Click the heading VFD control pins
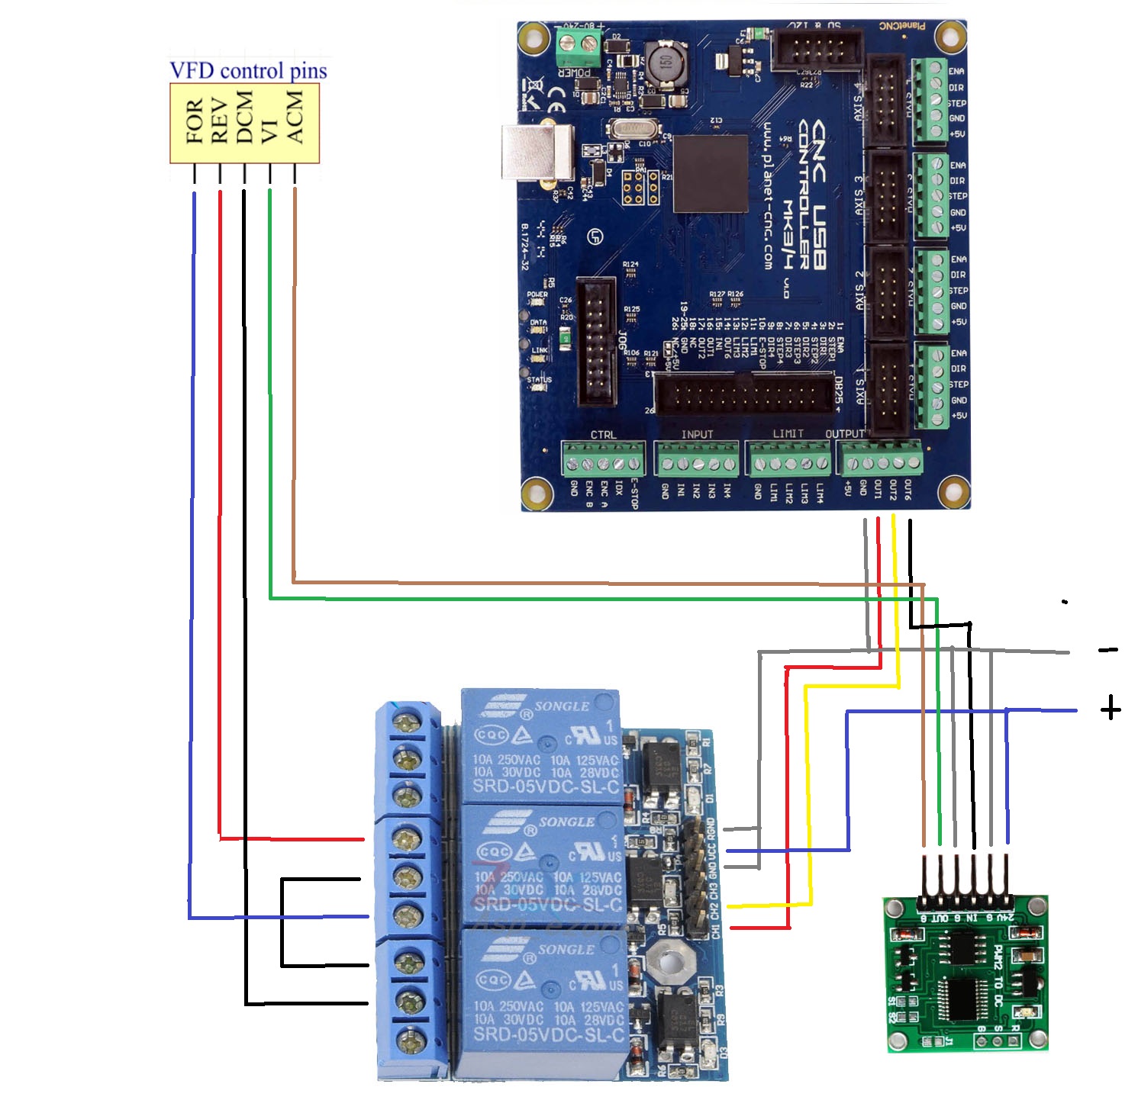coord(248,71)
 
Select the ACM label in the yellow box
coord(295,117)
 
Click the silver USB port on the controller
coord(537,151)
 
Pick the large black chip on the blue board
coord(711,174)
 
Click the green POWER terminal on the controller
coord(576,47)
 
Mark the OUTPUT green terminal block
coord(881,460)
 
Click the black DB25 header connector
coord(745,396)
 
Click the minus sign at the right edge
coord(1108,650)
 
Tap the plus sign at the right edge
coord(1111,709)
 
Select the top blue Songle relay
coord(541,746)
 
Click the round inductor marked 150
coord(664,63)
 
